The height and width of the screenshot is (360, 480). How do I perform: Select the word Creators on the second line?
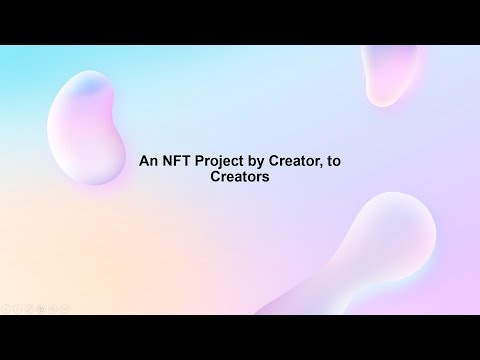[240, 176]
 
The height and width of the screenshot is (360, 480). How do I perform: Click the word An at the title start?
[146, 160]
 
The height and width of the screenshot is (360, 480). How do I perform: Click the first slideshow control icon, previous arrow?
[6, 309]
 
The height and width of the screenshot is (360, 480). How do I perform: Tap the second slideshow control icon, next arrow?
[17, 309]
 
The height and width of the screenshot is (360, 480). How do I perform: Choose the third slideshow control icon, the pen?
[29, 309]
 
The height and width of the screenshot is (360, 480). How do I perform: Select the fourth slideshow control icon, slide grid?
[41, 309]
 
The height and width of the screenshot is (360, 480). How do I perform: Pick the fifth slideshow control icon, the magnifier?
[53, 309]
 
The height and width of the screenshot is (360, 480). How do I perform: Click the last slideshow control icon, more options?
[65, 309]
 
